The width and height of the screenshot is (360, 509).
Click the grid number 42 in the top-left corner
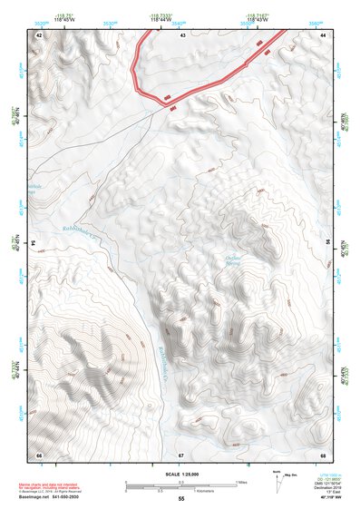39,34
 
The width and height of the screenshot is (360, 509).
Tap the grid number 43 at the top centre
182,34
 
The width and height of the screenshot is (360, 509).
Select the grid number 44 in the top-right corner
323,34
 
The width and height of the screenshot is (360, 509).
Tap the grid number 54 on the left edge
35,243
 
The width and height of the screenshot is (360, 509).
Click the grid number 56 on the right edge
327,243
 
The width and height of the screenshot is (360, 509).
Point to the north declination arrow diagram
277,479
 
